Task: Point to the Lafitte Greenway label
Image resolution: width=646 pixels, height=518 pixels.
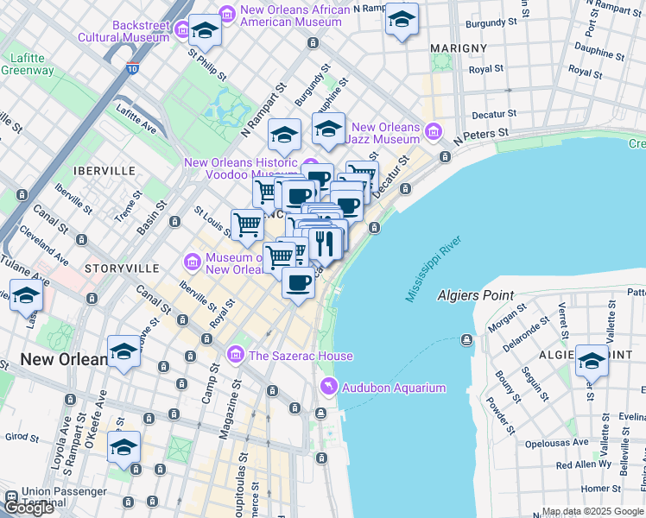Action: point(27,65)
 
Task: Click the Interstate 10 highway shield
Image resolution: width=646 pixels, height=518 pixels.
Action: point(131,68)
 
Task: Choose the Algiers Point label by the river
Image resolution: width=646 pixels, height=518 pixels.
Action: point(476,295)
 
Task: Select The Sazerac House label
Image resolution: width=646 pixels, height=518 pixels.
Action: point(300,356)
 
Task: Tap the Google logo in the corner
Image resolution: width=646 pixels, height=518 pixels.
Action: point(28,507)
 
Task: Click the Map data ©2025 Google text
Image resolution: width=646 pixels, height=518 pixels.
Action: point(592,511)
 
